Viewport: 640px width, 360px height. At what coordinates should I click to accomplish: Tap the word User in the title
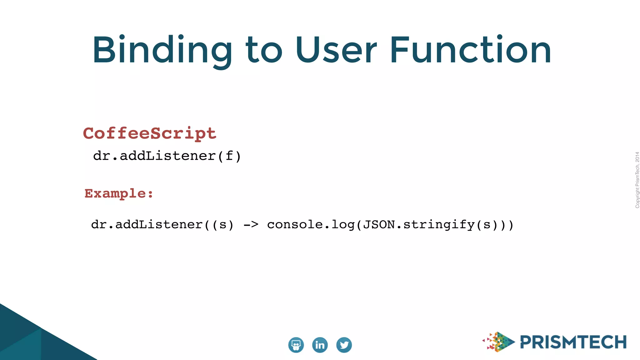tap(336, 50)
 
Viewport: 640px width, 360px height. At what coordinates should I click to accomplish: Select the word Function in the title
tap(471, 50)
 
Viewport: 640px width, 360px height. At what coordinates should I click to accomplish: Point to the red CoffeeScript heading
tap(150, 133)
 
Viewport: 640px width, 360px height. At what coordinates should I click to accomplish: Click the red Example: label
tap(119, 193)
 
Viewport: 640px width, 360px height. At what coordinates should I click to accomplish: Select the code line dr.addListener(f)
tap(167, 156)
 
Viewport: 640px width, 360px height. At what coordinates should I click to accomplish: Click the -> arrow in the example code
tap(251, 224)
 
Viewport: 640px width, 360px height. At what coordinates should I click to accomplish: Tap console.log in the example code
tap(311, 224)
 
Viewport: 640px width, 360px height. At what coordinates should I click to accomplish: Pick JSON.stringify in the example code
tap(419, 224)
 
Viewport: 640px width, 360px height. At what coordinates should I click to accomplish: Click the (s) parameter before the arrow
tap(223, 225)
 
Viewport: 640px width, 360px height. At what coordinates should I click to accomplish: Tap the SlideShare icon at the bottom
tap(296, 345)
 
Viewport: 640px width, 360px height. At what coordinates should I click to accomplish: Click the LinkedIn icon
tap(320, 345)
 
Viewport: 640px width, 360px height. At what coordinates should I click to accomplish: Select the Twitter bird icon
tap(344, 345)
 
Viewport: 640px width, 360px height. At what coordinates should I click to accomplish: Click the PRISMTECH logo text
tap(573, 342)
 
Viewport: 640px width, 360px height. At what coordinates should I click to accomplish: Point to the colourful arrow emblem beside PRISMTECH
tap(499, 342)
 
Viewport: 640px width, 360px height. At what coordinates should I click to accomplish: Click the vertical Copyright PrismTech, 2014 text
tap(637, 180)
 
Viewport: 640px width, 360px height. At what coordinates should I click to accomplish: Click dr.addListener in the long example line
tap(147, 224)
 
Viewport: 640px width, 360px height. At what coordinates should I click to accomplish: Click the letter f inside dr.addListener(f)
tap(229, 156)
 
